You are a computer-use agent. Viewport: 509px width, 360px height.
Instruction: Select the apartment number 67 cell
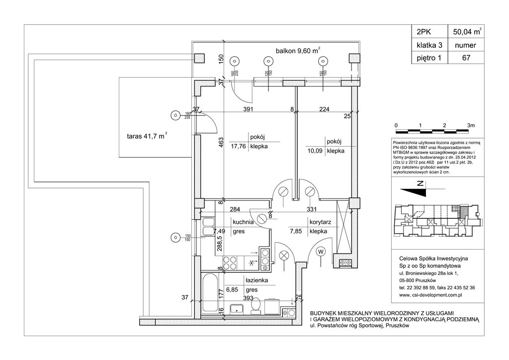click(x=466, y=58)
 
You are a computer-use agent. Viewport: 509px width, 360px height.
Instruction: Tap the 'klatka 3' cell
click(x=429, y=45)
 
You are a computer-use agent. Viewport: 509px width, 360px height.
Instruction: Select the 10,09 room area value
click(x=315, y=151)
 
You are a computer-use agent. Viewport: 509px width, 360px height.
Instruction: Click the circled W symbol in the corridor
click(x=321, y=251)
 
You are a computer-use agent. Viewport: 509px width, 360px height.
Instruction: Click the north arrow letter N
click(x=421, y=185)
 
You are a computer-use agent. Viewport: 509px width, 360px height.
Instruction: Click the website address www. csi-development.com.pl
click(x=431, y=295)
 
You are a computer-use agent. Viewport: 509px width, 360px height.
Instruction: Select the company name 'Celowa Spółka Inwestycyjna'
click(x=434, y=259)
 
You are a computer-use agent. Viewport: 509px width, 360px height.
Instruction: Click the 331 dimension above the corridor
click(x=312, y=209)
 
